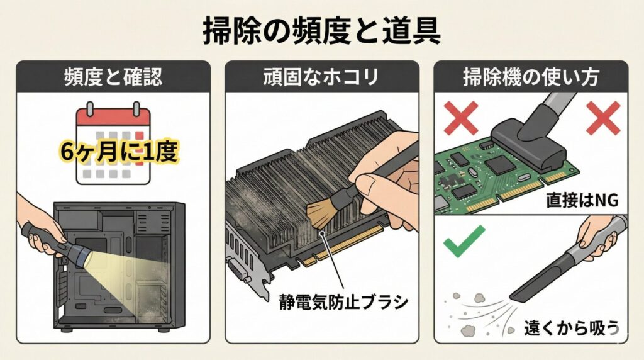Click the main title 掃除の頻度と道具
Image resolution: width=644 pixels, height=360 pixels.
tap(321, 30)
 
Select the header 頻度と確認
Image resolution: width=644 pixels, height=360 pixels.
tap(113, 77)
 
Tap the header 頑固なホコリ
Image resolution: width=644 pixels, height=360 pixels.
tap(321, 77)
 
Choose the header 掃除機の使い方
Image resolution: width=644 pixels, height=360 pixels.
tap(531, 77)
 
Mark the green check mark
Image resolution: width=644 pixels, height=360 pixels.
tap(464, 243)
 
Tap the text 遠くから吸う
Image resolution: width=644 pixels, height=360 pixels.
tap(570, 327)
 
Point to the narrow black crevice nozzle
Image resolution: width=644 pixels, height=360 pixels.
tap(538, 277)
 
